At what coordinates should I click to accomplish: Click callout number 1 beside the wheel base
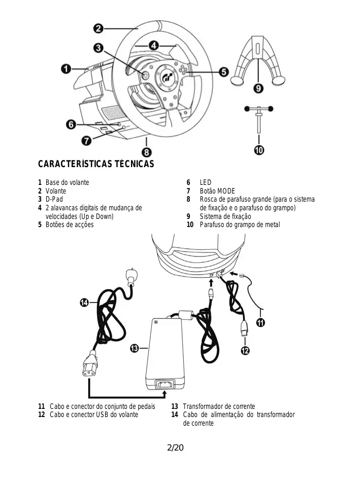66,69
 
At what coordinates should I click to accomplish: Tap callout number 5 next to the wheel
224,72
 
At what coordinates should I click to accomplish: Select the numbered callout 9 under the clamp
258,88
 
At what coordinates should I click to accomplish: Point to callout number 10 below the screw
259,150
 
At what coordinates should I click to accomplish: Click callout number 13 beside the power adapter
135,348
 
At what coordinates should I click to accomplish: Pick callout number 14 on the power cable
84,303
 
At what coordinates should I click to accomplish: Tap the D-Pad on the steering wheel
145,75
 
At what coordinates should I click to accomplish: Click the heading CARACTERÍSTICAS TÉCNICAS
96,164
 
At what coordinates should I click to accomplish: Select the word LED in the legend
206,182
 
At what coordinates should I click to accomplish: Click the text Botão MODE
217,191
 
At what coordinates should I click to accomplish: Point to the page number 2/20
175,447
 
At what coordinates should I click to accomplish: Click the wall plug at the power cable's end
132,277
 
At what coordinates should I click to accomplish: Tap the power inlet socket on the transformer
165,384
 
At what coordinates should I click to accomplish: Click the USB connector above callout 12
244,329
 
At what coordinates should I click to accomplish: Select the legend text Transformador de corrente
219,406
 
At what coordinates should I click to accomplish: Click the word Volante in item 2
56,191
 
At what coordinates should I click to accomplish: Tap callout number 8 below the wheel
146,152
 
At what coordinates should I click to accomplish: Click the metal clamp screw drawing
258,119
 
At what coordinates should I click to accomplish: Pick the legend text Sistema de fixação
225,216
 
